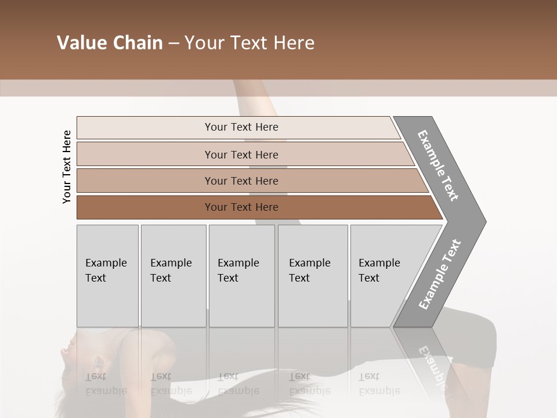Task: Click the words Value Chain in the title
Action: (110, 43)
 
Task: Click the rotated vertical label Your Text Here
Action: (67, 167)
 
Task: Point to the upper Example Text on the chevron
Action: (438, 165)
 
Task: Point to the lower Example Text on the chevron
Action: (440, 274)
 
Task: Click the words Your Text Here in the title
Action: (249, 43)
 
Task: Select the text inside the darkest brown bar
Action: (241, 207)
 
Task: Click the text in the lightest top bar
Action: (241, 127)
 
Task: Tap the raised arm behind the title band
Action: (255, 93)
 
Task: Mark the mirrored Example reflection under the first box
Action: (106, 391)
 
